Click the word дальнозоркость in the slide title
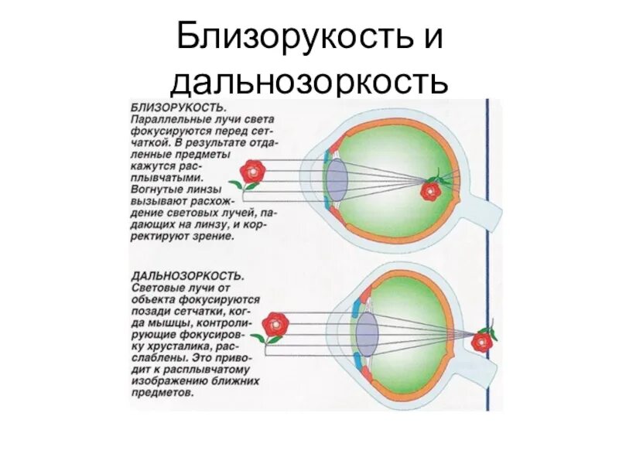click(x=309, y=80)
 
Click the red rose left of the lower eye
click(x=274, y=326)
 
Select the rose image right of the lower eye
click(x=484, y=340)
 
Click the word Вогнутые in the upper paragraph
click(x=152, y=188)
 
